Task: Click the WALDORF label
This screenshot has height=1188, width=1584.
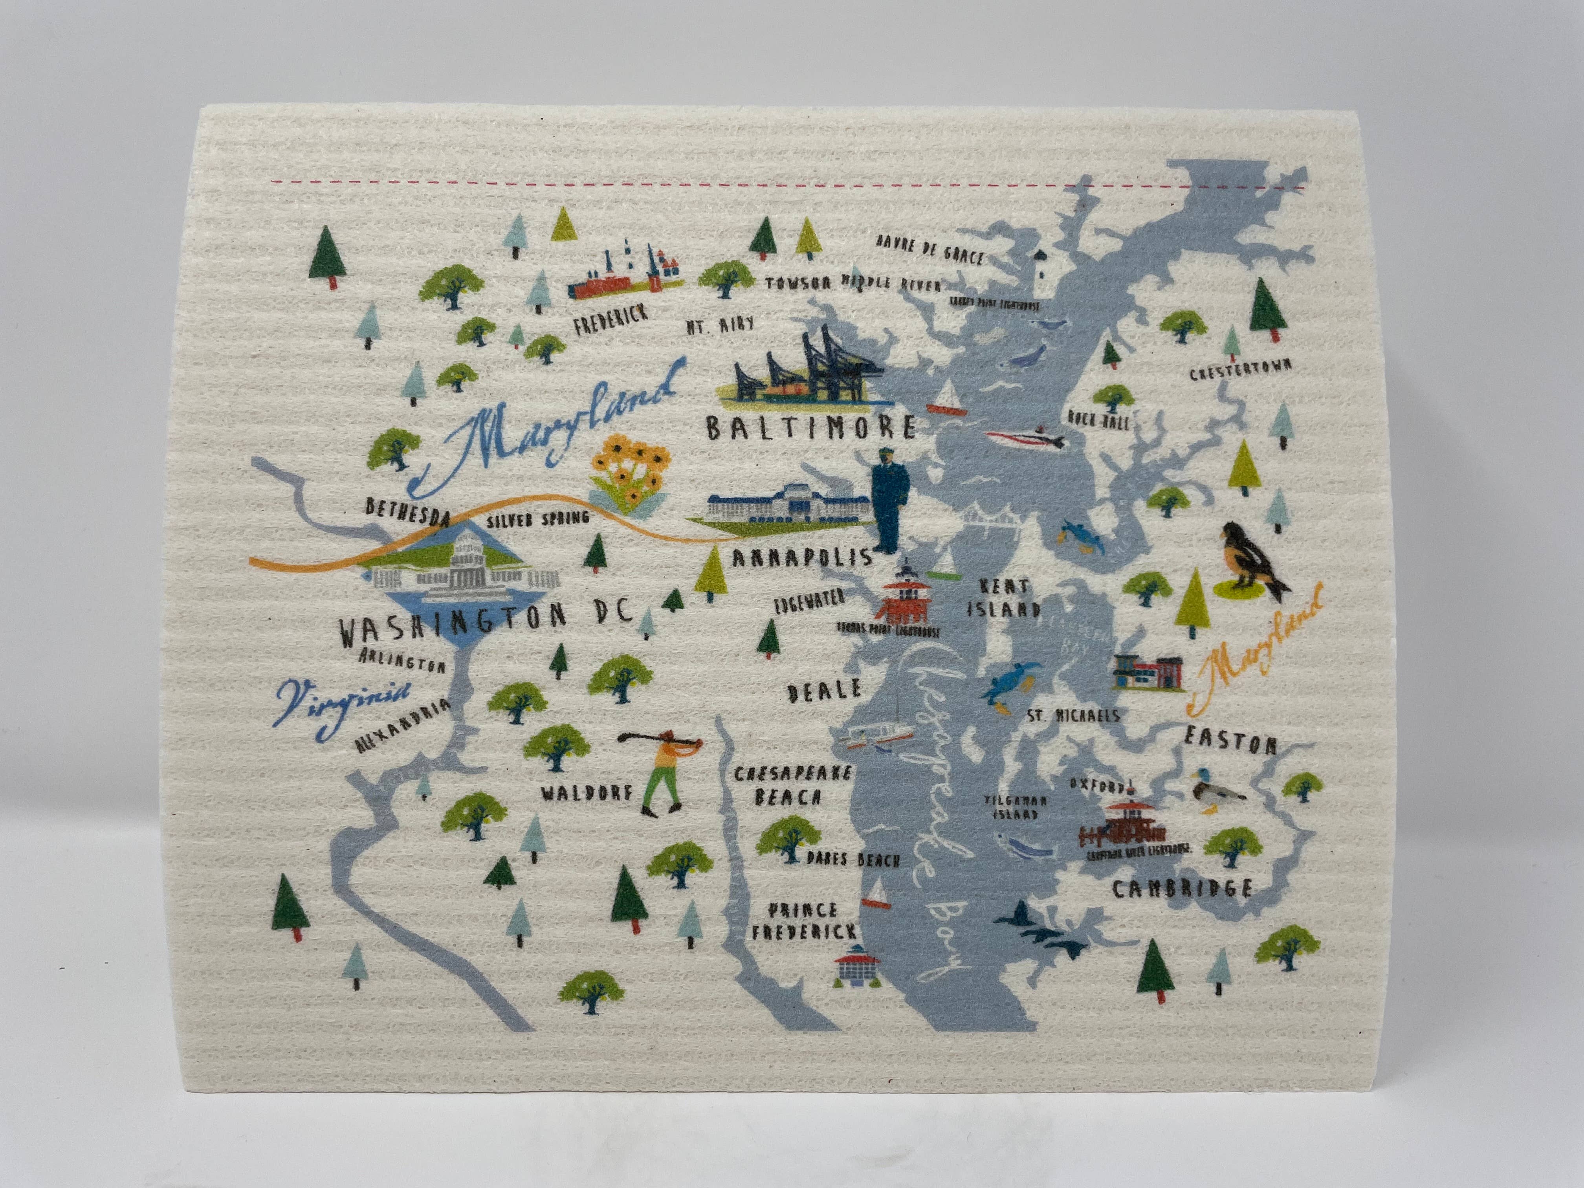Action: tap(587, 793)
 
